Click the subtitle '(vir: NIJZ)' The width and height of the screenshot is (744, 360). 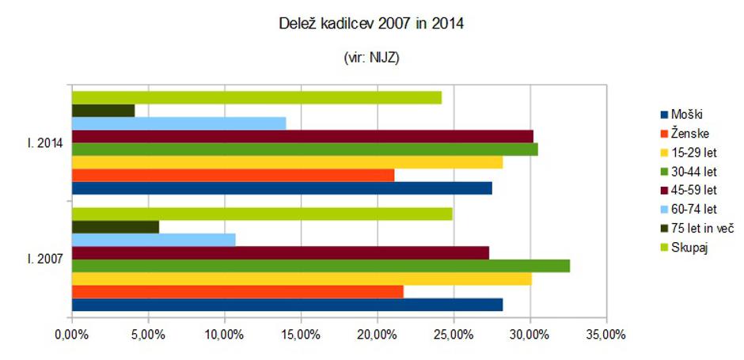tap(371, 59)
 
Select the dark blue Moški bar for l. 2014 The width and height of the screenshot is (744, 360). tap(282, 188)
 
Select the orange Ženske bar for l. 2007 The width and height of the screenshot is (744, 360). tap(237, 291)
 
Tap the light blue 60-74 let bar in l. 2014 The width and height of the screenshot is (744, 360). tap(179, 123)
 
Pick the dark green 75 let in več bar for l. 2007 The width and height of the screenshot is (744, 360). tap(116, 227)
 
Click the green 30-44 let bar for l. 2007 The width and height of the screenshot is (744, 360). tap(321, 266)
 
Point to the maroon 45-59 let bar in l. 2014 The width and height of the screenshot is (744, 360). tap(302, 136)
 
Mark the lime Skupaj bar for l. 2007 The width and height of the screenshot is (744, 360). tap(262, 214)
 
